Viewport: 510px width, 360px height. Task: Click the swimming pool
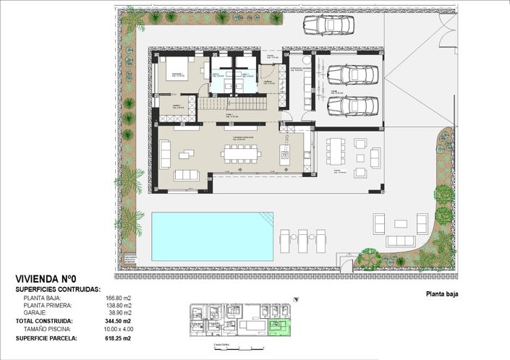coord(212,236)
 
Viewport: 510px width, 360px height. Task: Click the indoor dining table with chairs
coord(240,153)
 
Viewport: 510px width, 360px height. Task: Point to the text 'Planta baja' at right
coord(442,294)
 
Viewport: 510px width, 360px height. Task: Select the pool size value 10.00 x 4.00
coord(116,327)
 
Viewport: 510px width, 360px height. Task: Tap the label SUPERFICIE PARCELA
coord(49,338)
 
